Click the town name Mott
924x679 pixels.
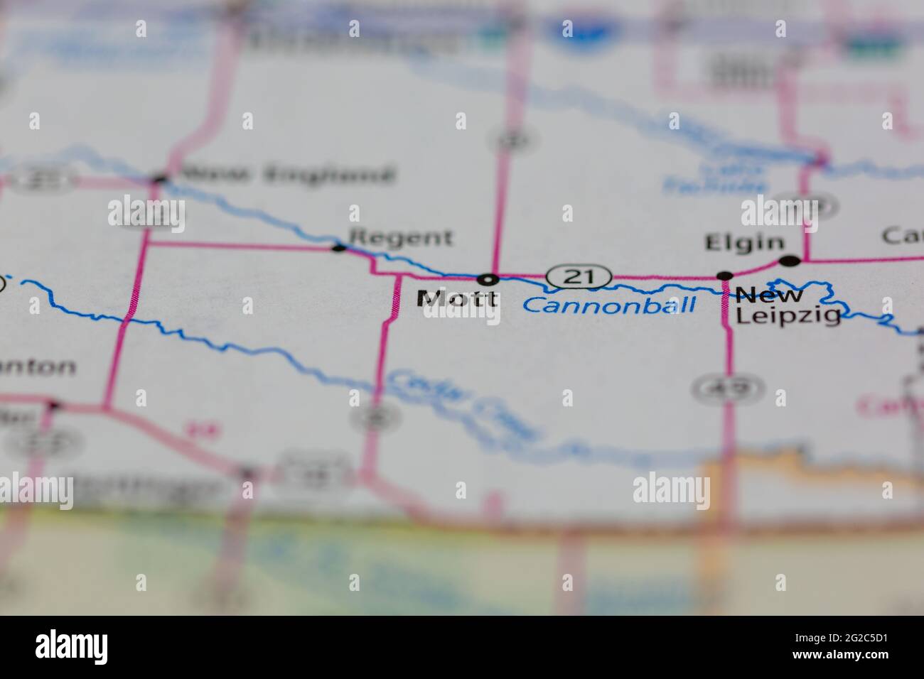[457, 299]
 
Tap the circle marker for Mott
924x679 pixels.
[488, 278]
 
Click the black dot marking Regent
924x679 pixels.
[340, 248]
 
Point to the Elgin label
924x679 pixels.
[744, 243]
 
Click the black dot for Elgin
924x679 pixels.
[789, 261]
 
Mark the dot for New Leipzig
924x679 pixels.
[724, 276]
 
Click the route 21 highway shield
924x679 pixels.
[579, 276]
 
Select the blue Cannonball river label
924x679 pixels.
[609, 306]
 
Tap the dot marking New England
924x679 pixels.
[159, 180]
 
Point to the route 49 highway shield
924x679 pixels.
[728, 387]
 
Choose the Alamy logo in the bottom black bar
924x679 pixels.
[72, 646]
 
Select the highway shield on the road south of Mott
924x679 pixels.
[371, 417]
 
